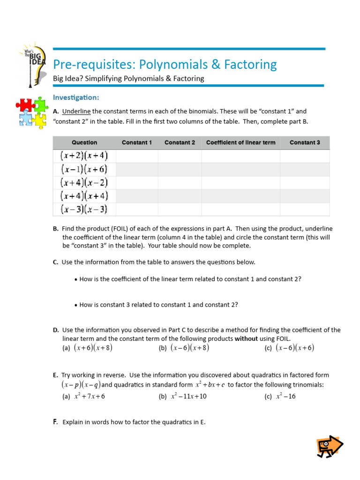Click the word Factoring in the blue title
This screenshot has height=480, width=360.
[246, 64]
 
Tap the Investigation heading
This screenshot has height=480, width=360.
[76, 97]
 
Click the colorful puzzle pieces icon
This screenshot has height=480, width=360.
[32, 112]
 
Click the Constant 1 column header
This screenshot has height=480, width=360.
[136, 142]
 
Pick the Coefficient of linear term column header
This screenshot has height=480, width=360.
[240, 142]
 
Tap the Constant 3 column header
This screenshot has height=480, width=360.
[305, 142]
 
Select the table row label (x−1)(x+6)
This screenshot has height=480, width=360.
[84, 169]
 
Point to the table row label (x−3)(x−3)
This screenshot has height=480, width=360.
[84, 210]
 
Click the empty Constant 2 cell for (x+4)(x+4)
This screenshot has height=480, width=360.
[180, 196]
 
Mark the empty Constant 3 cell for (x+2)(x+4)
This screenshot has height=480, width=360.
[305, 156]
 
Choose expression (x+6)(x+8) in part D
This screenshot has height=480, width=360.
[93, 348]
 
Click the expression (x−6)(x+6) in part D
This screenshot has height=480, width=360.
[295, 348]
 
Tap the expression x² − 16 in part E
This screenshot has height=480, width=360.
[285, 397]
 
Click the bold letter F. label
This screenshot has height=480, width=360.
[55, 422]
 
